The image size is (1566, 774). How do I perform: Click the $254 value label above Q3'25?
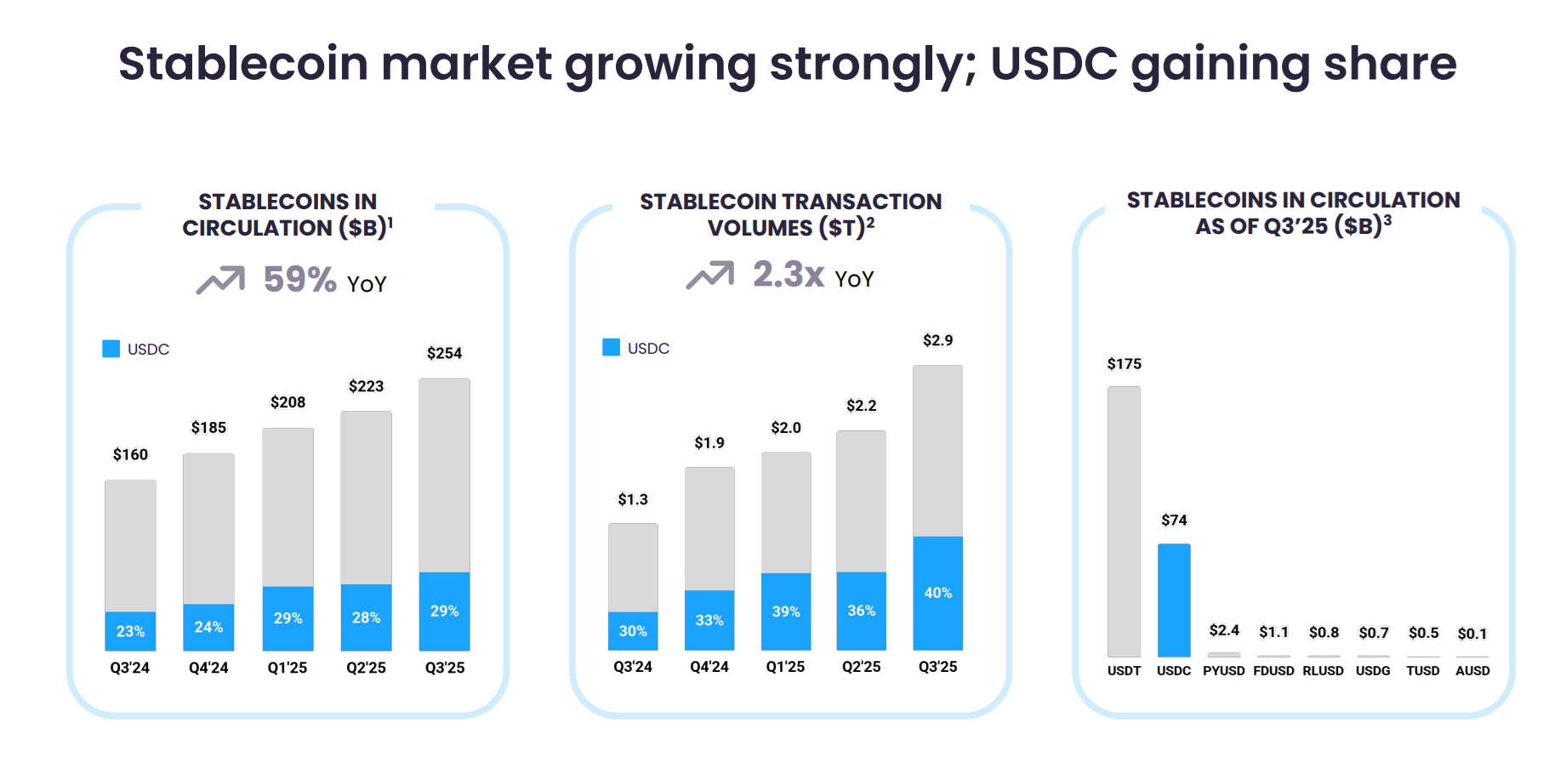pyautogui.click(x=444, y=353)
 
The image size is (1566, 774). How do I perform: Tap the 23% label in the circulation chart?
pyautogui.click(x=130, y=631)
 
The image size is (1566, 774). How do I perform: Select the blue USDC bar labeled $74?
pyautogui.click(x=1174, y=600)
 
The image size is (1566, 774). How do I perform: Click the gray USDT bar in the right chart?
pyautogui.click(x=1124, y=521)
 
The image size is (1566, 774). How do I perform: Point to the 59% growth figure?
pyautogui.click(x=299, y=280)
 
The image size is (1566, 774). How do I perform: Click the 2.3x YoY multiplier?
pyautogui.click(x=788, y=275)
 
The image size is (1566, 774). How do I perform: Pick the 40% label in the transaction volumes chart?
pyautogui.click(x=937, y=593)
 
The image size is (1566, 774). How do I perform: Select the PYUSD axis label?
pyautogui.click(x=1223, y=671)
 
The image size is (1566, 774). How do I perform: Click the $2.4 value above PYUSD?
pyautogui.click(x=1224, y=630)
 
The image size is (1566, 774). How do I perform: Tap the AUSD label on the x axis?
pyautogui.click(x=1472, y=671)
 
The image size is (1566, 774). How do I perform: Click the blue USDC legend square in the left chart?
pyautogui.click(x=111, y=349)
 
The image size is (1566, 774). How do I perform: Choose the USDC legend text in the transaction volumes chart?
pyautogui.click(x=648, y=349)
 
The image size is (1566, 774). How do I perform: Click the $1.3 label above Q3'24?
pyautogui.click(x=633, y=499)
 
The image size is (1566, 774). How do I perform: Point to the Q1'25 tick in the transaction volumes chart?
pyautogui.click(x=785, y=667)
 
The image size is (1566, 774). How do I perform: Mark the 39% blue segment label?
pyautogui.click(x=786, y=612)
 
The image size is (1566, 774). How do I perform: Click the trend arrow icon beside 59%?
pyautogui.click(x=220, y=280)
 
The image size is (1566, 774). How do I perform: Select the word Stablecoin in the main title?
pyautogui.click(x=243, y=64)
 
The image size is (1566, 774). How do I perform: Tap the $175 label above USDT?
pyautogui.click(x=1124, y=364)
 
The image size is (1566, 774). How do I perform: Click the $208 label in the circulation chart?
pyautogui.click(x=288, y=402)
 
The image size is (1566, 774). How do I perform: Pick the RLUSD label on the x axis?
pyautogui.click(x=1323, y=671)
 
